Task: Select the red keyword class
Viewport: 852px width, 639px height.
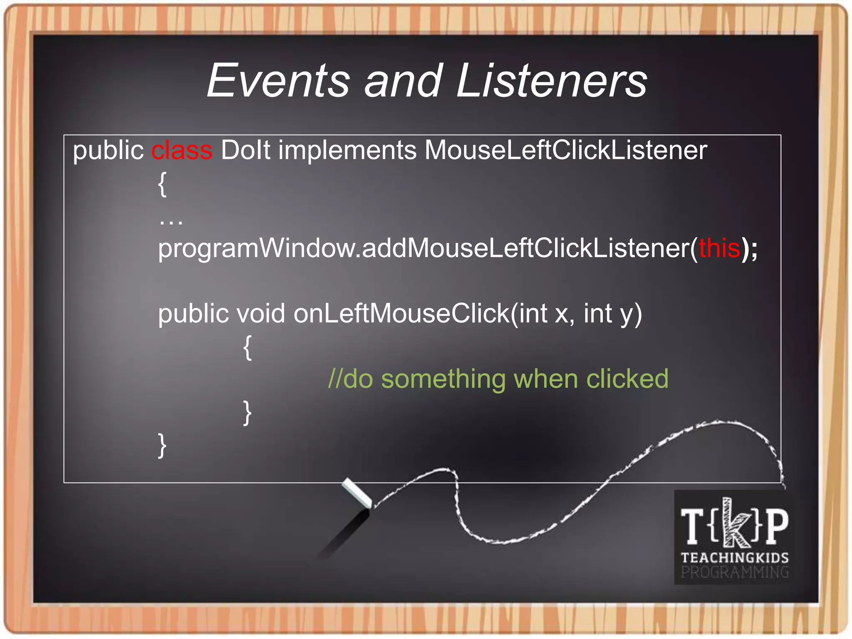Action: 182,150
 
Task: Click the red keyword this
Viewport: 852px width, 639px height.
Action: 719,248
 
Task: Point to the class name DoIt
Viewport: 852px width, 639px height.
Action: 245,150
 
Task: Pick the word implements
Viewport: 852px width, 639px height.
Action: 347,150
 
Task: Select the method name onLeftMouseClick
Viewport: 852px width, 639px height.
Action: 401,313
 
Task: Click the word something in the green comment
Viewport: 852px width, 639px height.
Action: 443,379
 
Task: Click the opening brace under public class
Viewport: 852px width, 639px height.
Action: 163,184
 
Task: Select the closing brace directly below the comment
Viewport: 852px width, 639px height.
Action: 248,412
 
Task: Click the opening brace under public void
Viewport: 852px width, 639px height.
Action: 248,347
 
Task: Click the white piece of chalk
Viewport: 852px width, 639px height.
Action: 357,493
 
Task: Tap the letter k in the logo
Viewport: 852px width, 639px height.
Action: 735,523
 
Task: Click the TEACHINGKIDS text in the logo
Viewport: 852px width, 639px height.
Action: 735,557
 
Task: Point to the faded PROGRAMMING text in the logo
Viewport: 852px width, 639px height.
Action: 735,572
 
